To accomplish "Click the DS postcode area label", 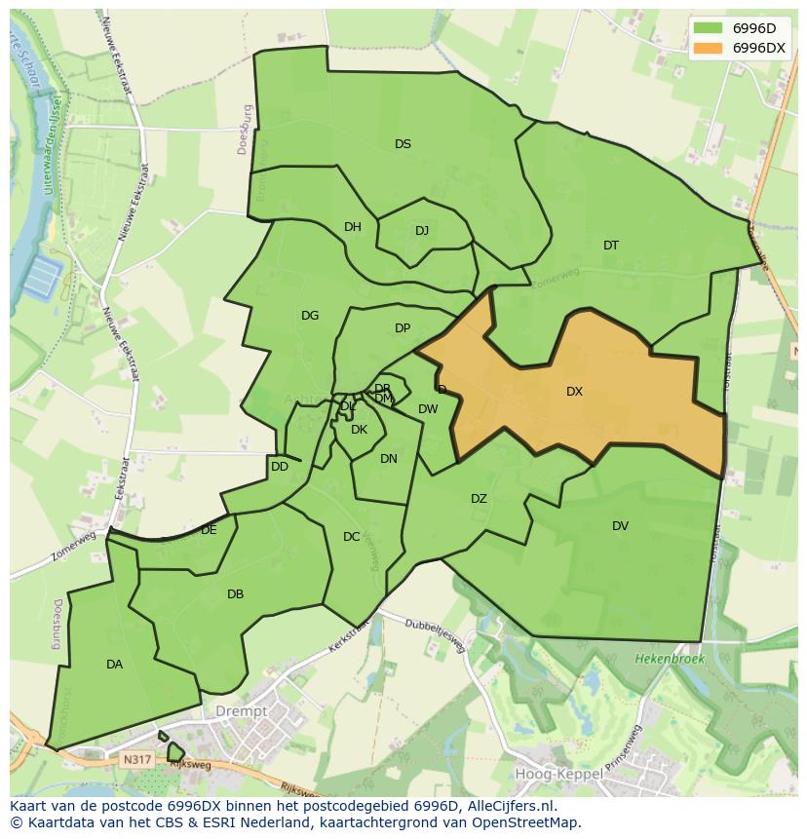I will point(403,144).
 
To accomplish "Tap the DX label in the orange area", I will point(574,392).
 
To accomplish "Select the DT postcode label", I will point(610,246).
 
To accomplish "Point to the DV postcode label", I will point(620,526).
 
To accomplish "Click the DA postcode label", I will point(114,665).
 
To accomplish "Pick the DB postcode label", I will point(235,594).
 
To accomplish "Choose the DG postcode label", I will point(310,316).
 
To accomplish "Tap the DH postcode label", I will point(353,227).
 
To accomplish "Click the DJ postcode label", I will point(422,231).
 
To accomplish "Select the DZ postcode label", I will point(479,499).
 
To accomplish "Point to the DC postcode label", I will point(352,537).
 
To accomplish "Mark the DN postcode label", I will point(389,459).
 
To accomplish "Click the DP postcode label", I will point(403,328).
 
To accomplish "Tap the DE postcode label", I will point(209,530).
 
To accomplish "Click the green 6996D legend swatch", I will point(709,28).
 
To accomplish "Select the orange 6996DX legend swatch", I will point(709,48).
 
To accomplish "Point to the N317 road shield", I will point(136,757).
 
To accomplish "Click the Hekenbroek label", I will point(669,660).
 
